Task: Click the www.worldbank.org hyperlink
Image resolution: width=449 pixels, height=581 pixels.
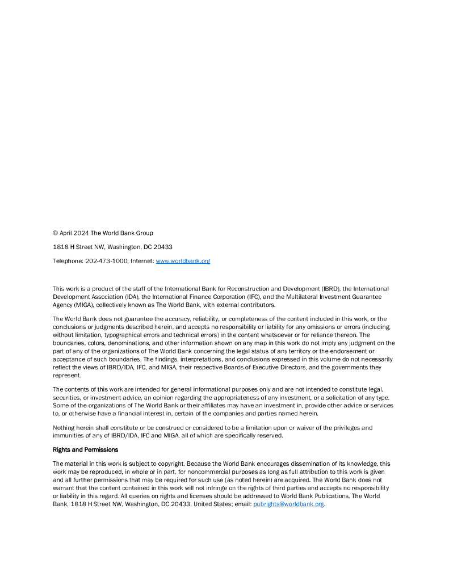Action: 183,261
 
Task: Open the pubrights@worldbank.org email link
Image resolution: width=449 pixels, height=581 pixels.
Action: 288,504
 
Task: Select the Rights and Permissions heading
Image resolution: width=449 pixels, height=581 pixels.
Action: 85,449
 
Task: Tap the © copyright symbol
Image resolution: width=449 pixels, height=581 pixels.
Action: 55,233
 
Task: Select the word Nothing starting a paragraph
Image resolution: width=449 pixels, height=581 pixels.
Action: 63,428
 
